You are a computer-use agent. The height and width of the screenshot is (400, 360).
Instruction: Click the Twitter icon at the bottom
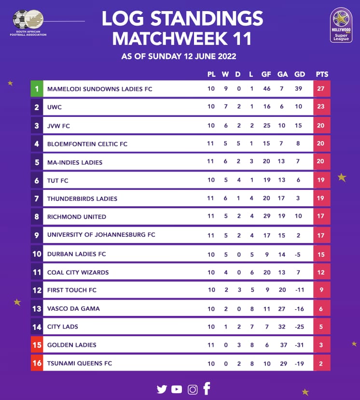coord(162,389)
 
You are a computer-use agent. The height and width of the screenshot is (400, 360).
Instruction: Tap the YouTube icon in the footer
coord(177,389)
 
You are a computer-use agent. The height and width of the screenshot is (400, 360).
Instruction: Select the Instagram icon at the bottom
coord(193,389)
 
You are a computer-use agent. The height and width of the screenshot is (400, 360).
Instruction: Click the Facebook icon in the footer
coord(207,388)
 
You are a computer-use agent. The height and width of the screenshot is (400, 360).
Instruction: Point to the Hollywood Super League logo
coord(341,25)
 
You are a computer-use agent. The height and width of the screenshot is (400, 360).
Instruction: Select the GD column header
coord(300,74)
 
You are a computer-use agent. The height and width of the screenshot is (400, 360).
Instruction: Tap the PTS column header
coord(322,74)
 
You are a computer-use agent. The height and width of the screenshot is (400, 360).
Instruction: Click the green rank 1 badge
coord(37,89)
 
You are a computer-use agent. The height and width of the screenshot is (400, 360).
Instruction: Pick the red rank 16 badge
coord(37,363)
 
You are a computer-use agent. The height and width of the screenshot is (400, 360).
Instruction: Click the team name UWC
coord(55,107)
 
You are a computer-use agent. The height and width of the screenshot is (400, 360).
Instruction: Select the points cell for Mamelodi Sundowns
coord(321,89)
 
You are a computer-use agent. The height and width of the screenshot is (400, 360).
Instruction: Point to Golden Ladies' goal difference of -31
coord(300,345)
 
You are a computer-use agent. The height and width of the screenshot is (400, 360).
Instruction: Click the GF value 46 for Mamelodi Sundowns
coord(266,89)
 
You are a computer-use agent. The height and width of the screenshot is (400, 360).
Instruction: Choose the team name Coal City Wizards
coord(78,272)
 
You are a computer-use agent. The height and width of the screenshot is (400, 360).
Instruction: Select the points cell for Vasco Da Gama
coord(321,309)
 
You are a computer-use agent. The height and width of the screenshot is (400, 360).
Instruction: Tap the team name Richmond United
coord(76,217)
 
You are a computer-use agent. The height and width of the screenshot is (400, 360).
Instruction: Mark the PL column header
coord(211,74)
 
